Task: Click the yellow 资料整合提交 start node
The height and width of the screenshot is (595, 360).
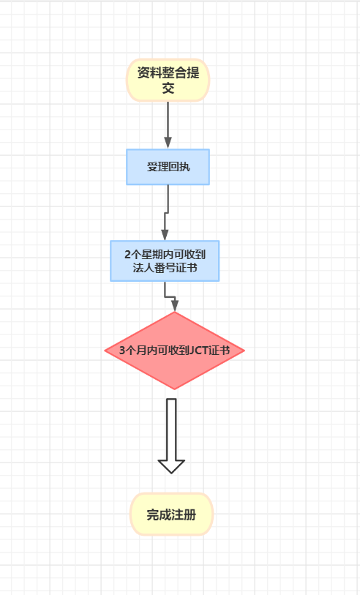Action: point(168,80)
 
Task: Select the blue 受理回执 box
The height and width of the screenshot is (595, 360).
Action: point(168,167)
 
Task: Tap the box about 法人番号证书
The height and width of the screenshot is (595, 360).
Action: point(165,261)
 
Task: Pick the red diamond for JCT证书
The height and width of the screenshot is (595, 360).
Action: point(174,351)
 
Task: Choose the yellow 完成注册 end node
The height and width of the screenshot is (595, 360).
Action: point(172,514)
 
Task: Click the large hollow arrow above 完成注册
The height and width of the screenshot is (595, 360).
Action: point(171,436)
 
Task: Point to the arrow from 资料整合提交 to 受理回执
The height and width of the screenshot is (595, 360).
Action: point(168,125)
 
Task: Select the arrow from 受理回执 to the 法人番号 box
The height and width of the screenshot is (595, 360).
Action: point(167,213)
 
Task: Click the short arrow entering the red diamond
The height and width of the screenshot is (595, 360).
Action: point(170,296)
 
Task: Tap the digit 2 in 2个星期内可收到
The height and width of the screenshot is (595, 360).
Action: point(127,254)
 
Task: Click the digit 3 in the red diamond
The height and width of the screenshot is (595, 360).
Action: point(122,351)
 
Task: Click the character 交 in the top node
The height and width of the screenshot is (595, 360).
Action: point(168,88)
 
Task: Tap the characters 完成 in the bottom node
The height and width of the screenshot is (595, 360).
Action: point(159,514)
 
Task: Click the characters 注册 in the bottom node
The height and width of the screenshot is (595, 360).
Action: point(184,514)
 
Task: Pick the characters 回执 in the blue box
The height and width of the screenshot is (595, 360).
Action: point(179,167)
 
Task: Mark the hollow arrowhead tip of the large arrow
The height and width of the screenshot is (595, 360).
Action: point(171,474)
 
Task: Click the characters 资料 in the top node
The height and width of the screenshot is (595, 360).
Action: point(149,72)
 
